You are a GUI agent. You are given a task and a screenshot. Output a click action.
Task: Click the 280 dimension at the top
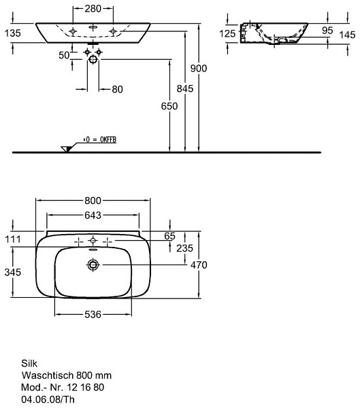tap(93, 9)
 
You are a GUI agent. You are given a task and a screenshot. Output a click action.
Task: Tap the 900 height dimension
tap(199, 69)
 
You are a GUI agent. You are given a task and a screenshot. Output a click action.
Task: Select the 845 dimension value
tap(185, 88)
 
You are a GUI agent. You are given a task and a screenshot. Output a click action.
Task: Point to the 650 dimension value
tap(169, 106)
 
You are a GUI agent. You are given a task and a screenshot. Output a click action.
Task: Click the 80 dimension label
tap(117, 90)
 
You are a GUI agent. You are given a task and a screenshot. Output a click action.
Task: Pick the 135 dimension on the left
tap(12, 33)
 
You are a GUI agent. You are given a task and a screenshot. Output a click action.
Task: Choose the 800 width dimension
tap(93, 201)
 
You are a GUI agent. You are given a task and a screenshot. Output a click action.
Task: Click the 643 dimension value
tap(93, 215)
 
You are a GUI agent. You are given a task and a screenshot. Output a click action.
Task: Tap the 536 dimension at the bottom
tap(93, 315)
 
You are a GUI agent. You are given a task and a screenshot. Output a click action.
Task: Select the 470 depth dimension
tap(199, 265)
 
